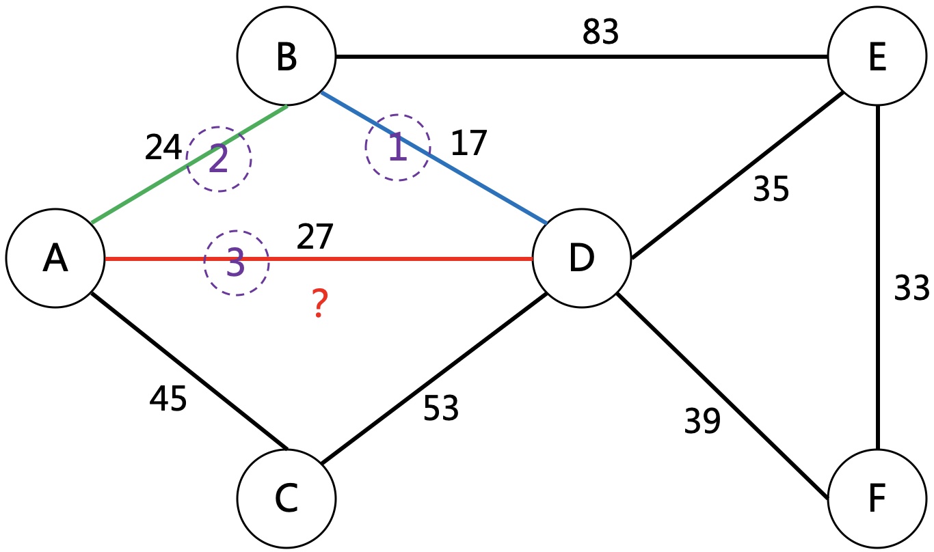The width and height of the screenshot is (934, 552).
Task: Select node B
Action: [287, 57]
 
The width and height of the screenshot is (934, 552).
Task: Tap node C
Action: [287, 498]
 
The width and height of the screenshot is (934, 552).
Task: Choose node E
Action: [877, 57]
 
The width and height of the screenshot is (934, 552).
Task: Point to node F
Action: [877, 498]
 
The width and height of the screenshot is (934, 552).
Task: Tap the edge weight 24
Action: [163, 147]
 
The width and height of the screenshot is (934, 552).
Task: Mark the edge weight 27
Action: [315, 237]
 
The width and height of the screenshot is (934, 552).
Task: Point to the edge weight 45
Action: [168, 399]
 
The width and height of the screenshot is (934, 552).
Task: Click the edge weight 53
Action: [441, 409]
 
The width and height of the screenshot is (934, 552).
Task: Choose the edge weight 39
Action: [702, 422]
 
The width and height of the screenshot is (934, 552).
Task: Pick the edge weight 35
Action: [771, 189]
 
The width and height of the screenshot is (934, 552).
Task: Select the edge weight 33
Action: [912, 288]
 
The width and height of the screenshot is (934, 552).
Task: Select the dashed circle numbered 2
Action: [219, 158]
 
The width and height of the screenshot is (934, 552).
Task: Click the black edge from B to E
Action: [479, 57]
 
